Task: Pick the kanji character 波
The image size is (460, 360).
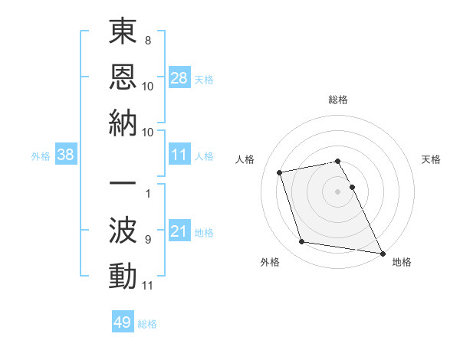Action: coord(123,231)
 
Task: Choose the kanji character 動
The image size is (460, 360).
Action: coord(123,275)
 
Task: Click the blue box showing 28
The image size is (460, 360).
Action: coord(179,77)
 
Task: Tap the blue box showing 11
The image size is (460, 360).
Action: coord(179,155)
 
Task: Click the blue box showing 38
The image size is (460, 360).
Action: coord(66,155)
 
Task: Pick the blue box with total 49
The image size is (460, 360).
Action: coord(122,322)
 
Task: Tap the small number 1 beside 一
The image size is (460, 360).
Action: coord(148,193)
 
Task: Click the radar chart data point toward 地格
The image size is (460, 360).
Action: coord(382,253)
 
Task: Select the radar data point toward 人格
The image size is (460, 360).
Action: coord(280,172)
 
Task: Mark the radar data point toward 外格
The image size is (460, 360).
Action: coord(302,242)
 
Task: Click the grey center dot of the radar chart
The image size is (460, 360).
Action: coord(337,191)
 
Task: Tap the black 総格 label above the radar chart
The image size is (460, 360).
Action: coord(337,100)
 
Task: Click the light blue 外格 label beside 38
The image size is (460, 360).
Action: coord(41,156)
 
